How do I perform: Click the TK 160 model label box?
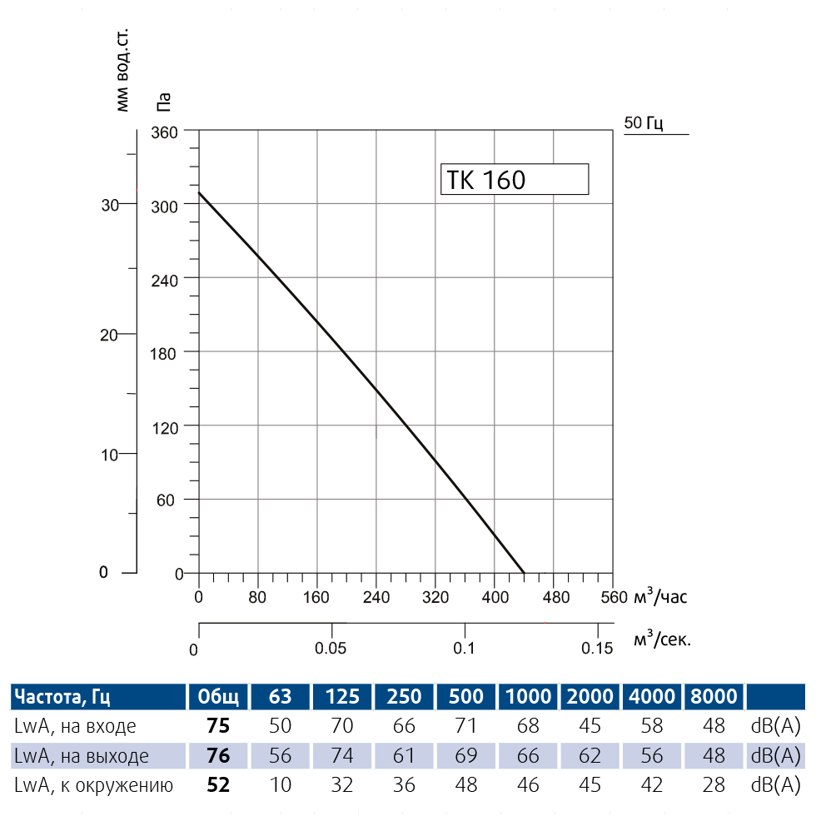(514, 179)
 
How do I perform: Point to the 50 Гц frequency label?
(643, 123)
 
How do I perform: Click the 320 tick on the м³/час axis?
(435, 597)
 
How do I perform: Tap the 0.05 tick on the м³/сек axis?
(331, 648)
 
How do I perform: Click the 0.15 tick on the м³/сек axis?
(597, 648)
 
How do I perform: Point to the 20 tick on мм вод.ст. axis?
(106, 334)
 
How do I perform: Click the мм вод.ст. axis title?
(123, 71)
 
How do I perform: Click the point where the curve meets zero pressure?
(524, 573)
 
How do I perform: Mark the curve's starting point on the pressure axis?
(199, 193)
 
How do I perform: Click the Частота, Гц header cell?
(63, 696)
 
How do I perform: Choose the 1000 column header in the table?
(528, 696)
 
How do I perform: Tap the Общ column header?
(217, 696)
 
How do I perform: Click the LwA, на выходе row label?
(82, 756)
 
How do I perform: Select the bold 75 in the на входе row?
(217, 726)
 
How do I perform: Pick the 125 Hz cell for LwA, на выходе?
(342, 756)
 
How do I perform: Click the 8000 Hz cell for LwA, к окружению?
(714, 785)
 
